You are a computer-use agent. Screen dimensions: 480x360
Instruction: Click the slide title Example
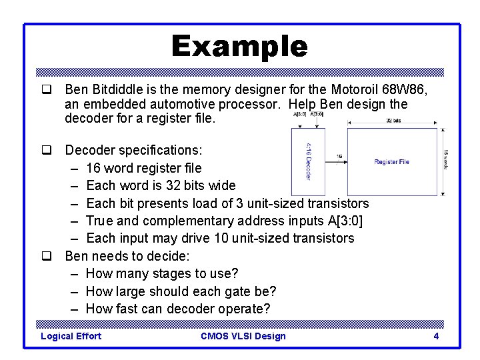pos(239,47)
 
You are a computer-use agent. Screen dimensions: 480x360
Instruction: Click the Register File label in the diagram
pos(391,162)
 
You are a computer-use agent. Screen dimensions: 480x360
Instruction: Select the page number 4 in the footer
pos(436,336)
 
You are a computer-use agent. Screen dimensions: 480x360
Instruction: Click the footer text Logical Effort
pos(71,336)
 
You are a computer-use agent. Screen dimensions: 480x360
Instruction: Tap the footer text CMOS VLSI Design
pos(243,336)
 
